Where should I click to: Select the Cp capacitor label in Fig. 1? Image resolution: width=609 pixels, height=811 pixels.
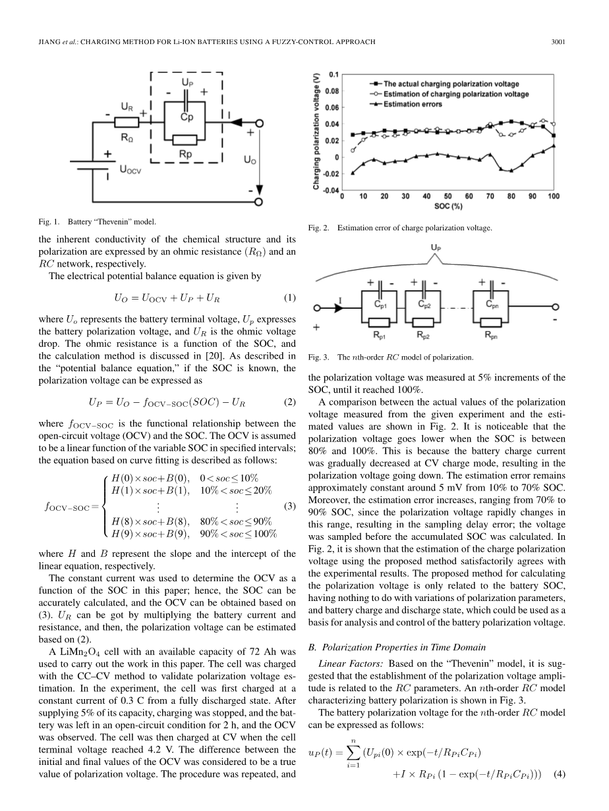[x=187, y=117]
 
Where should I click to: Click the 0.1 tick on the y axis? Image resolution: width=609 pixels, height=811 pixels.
[x=333, y=75]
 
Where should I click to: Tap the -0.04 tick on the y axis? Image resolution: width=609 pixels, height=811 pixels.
[x=331, y=190]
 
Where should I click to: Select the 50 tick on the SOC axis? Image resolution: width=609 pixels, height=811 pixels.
[x=448, y=196]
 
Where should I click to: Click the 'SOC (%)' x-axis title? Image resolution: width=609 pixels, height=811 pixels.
[x=448, y=206]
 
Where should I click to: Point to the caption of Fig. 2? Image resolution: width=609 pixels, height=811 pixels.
[x=400, y=228]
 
